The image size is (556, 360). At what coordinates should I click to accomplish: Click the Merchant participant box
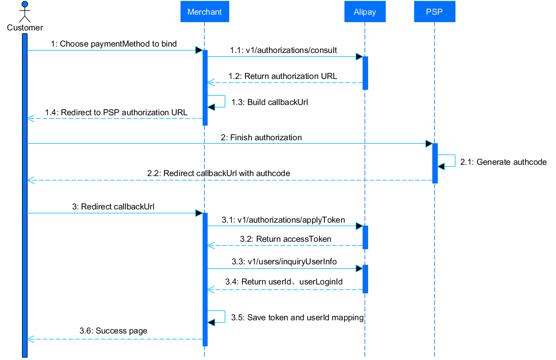pos(204,12)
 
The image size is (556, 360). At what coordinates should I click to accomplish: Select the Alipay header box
pos(365,12)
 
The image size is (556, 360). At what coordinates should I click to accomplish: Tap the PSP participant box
pos(434,12)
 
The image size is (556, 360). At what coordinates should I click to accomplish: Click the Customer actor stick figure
pos(25,12)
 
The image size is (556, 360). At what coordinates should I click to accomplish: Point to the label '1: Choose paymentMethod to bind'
pos(113,44)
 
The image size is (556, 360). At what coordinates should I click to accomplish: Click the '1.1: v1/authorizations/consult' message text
pos(283,51)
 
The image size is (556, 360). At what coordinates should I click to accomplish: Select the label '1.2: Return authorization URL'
pos(283,77)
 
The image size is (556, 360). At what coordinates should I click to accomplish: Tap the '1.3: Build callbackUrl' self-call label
pos(269,103)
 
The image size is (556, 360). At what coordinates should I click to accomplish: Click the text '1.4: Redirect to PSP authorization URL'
pos(116,113)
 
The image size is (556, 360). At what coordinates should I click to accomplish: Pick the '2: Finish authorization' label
pos(261,138)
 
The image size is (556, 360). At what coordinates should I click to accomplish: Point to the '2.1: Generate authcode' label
pos(503,162)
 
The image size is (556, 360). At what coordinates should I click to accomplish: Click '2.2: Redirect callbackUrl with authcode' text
pos(218,174)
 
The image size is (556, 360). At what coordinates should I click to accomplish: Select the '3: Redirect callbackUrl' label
pos(113,207)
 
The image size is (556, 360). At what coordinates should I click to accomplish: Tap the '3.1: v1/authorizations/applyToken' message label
pos(283,220)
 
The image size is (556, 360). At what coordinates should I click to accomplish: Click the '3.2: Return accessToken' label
pos(285,239)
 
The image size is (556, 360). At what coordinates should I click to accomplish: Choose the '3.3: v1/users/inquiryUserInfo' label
pos(284,262)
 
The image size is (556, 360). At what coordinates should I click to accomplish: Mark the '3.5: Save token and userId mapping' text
pos(297,318)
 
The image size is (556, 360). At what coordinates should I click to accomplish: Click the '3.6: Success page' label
pos(113,331)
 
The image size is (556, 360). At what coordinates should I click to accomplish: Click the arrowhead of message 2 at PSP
pos(429,144)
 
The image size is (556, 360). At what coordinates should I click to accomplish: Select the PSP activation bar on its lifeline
pos(435,163)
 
